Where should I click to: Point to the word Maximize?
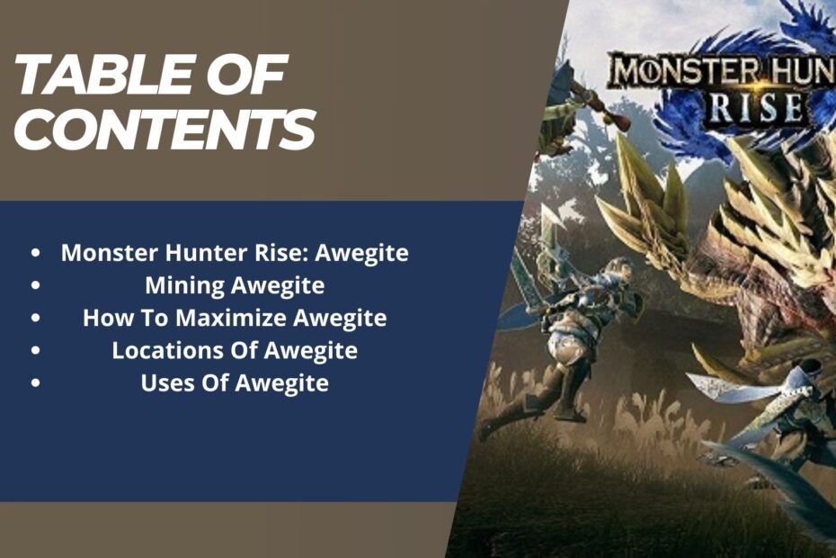[233, 318]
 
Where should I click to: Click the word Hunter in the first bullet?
[207, 253]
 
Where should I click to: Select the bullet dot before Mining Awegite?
[35, 285]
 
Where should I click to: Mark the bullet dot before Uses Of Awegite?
[35, 383]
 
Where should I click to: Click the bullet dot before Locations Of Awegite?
[35, 351]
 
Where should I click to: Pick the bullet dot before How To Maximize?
[35, 319]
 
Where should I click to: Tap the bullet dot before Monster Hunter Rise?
[35, 253]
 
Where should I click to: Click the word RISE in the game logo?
[757, 107]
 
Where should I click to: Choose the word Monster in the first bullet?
[110, 253]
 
